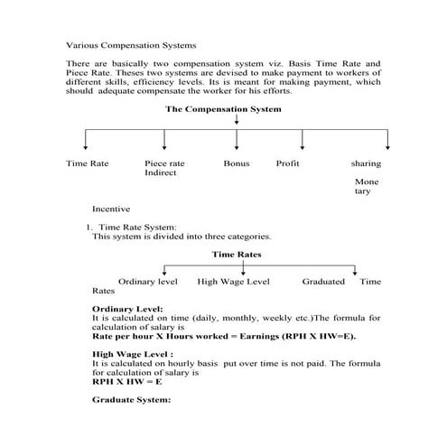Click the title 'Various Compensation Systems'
[131, 44]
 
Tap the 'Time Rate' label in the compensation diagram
[88, 163]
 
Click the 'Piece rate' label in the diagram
[164, 163]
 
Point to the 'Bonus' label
[237, 163]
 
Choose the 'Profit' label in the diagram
[287, 163]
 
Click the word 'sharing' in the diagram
[366, 163]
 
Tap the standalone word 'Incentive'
[111, 209]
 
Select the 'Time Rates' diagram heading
[237, 255]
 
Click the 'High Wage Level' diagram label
[233, 282]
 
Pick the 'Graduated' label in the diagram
[323, 282]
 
